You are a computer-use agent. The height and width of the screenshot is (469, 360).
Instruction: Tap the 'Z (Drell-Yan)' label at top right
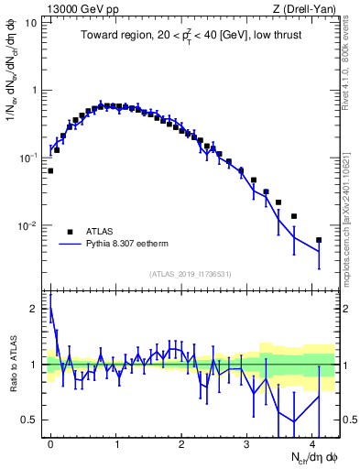pyautogui.click(x=308, y=8)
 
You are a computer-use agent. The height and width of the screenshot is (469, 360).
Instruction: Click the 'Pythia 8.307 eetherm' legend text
pyautogui.click(x=129, y=245)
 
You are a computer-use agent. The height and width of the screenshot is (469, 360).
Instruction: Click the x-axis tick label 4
pyautogui.click(x=312, y=442)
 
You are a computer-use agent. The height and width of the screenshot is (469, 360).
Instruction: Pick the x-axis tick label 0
pyautogui.click(x=50, y=442)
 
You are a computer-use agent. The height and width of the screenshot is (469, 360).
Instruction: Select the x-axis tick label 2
pyautogui.click(x=181, y=442)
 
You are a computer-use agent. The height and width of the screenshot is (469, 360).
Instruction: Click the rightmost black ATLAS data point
pyautogui.click(x=319, y=240)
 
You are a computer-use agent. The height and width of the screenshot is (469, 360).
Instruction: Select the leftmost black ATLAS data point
pyautogui.click(x=50, y=170)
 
